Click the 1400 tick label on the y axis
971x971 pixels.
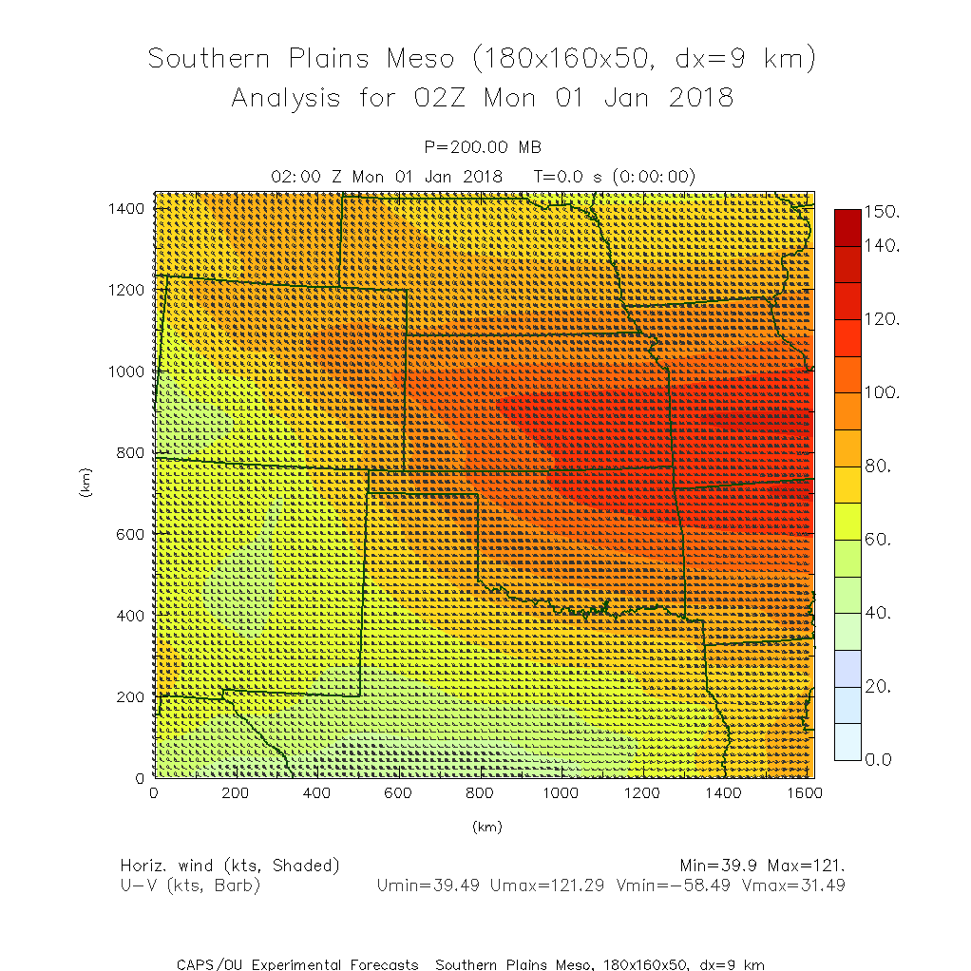[126, 208]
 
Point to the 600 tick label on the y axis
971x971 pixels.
[130, 534]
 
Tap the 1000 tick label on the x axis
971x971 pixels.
[561, 793]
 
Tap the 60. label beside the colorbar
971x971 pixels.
[881, 540]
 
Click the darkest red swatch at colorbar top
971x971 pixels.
[847, 227]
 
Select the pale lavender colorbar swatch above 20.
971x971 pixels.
[847, 668]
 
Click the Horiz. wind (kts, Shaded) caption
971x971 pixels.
[230, 866]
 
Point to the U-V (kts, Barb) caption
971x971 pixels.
[190, 885]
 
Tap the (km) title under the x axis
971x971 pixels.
[485, 827]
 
